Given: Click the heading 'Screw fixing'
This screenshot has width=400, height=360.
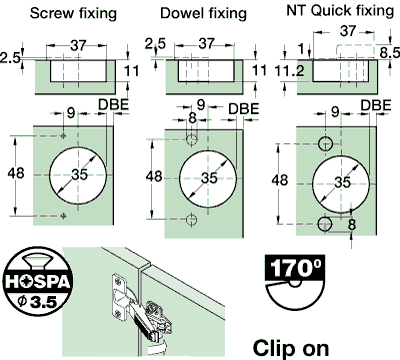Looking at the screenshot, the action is click(x=73, y=14).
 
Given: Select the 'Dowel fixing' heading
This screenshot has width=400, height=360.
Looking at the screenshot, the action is click(x=203, y=14).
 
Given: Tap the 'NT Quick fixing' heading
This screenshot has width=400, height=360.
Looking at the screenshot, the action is click(x=340, y=11).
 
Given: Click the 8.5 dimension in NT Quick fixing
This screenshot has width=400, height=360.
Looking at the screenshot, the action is click(x=389, y=53).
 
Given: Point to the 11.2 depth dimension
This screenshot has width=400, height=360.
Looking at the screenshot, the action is click(x=289, y=71).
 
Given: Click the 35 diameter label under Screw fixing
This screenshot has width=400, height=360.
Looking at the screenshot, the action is click(x=80, y=174).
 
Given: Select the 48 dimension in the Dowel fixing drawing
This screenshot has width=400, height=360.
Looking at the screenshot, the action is click(x=154, y=176).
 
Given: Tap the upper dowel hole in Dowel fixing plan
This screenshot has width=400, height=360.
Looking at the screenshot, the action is click(x=191, y=139).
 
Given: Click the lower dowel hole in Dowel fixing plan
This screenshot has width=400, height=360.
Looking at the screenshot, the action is click(x=191, y=219).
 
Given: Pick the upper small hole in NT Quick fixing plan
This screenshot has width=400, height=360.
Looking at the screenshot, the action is click(x=326, y=144).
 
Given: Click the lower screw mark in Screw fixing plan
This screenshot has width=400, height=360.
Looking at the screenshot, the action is click(x=63, y=216).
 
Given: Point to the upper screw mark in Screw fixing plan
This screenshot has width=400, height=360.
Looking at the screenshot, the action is click(x=63, y=136).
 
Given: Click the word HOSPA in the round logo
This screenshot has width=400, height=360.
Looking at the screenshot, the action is click(x=38, y=282).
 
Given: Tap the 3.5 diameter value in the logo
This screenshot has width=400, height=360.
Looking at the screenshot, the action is click(x=44, y=302).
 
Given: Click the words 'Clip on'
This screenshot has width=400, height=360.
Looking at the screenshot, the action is click(x=291, y=348).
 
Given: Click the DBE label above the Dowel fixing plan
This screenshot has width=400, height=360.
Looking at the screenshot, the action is click(x=244, y=109).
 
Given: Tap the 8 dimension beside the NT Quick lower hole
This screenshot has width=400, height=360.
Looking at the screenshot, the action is click(x=352, y=224).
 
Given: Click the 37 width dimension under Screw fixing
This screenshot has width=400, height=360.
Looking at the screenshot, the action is click(x=78, y=46).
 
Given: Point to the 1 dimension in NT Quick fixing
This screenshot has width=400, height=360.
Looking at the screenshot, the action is click(x=301, y=49).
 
